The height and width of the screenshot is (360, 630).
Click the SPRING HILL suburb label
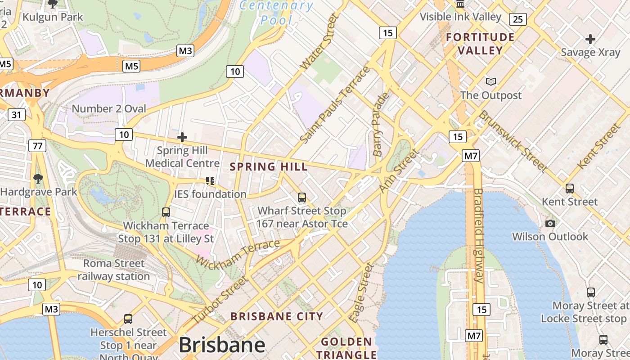(x=269, y=166)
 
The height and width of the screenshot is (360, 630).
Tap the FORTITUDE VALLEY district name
(x=480, y=44)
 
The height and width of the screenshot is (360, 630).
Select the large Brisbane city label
(x=222, y=345)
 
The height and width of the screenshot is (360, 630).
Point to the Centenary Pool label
(x=276, y=13)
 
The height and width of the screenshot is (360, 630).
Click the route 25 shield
(x=518, y=19)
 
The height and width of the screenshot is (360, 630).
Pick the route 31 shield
(x=16, y=115)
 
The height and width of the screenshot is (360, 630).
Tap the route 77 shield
(x=37, y=145)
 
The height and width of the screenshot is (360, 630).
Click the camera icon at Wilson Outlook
(x=550, y=223)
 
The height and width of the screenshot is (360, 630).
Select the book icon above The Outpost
(x=491, y=82)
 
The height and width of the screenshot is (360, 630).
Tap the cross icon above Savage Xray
(x=590, y=39)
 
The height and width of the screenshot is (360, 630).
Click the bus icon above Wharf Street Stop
(x=302, y=197)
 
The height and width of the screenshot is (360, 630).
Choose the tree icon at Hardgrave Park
(x=38, y=179)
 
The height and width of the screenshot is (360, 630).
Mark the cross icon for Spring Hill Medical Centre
(x=182, y=137)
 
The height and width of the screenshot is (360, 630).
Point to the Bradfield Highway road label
(x=478, y=235)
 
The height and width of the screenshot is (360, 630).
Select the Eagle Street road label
(x=362, y=293)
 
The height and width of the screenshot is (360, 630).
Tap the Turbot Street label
(x=220, y=299)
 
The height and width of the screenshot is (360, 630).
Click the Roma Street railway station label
(x=114, y=270)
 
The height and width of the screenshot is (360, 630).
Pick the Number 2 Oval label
(x=109, y=108)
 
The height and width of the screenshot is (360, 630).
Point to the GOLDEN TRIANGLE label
(x=346, y=348)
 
